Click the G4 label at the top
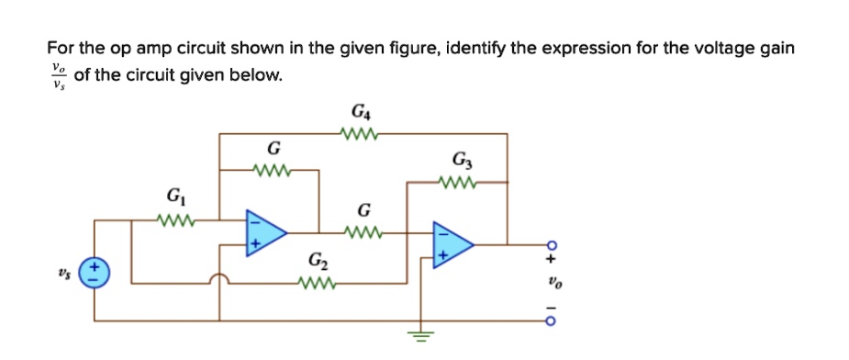[359, 114]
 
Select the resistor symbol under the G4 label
[358, 134]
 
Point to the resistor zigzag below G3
[462, 182]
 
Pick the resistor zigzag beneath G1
[173, 219]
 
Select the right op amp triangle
[452, 245]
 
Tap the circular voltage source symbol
[95, 273]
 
